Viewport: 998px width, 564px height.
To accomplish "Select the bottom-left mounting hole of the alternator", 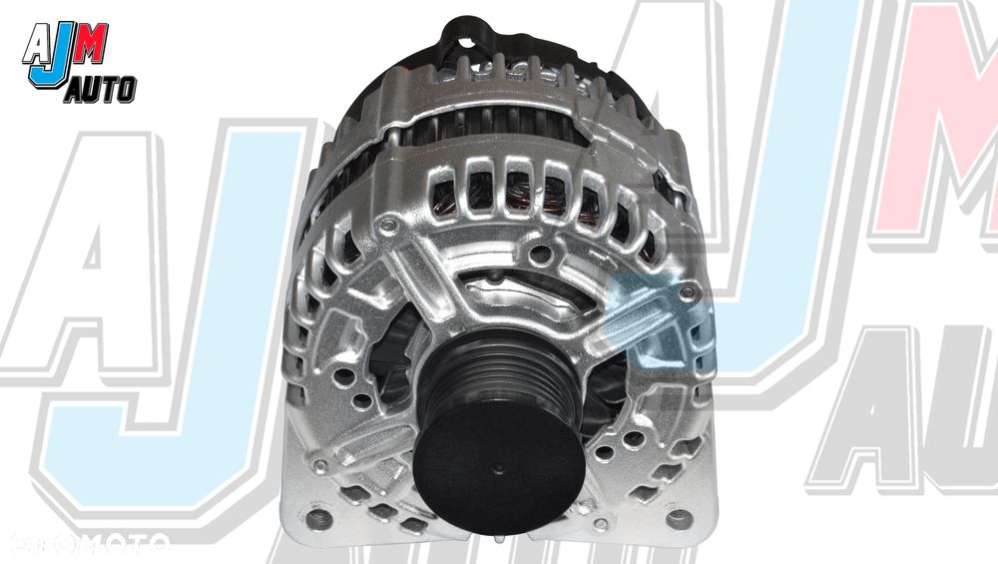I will [319, 518].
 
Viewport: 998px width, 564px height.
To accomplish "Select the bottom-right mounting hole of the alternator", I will [679, 518].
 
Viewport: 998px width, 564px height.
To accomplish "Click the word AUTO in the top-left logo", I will [100, 91].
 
